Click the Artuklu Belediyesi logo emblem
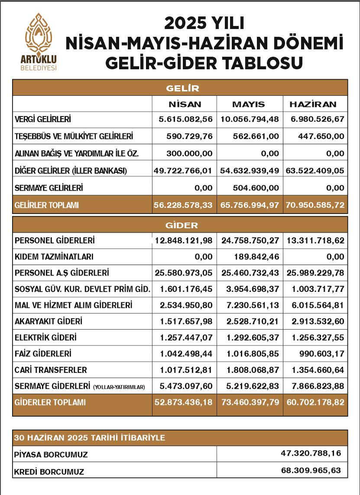tap(39, 34)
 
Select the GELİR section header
tap(182, 88)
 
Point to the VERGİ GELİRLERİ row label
tap(42, 119)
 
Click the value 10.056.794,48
tap(250, 119)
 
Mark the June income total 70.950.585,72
tap(315, 205)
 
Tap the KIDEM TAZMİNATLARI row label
tap(54, 257)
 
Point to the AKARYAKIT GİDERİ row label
tap(49, 321)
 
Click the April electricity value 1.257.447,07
tap(184, 338)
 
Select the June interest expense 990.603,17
tap(321, 354)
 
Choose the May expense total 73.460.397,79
tap(250, 402)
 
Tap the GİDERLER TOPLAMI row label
tap(50, 402)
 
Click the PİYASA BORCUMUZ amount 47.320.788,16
tap(311, 453)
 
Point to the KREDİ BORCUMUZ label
tap(49, 471)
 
